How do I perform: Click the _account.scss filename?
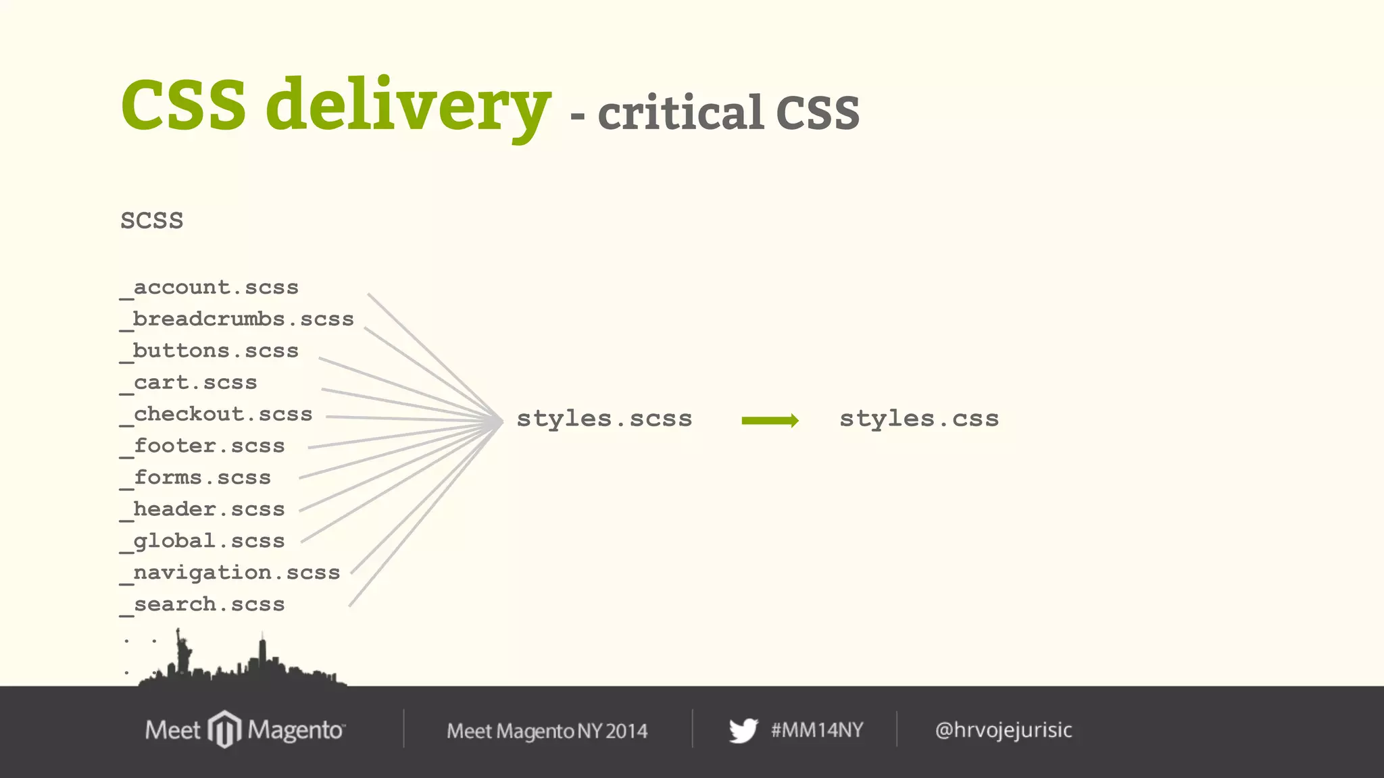point(209,288)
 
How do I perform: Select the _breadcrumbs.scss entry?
point(237,319)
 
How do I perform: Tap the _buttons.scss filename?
point(209,351)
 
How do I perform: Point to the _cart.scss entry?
point(189,383)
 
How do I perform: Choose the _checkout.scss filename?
point(216,415)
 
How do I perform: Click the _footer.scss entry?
point(203,446)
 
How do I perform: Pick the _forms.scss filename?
point(196,478)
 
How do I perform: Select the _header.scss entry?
point(203,510)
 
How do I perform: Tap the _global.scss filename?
point(203,542)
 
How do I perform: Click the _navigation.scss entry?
point(230,573)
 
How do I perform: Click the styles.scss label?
point(604,419)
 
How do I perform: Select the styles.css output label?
point(919,419)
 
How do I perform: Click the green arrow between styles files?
point(770,421)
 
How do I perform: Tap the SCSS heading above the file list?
point(152,221)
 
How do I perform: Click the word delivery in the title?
point(408,107)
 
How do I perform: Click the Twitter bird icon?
point(743,731)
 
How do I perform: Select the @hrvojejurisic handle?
point(1004,730)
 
